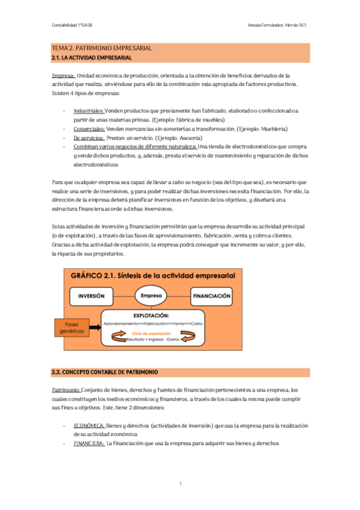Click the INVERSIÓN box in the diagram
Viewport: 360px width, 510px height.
tap(96, 296)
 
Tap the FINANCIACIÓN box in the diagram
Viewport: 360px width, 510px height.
tap(212, 296)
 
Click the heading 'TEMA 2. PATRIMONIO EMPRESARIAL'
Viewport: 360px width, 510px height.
tap(102, 48)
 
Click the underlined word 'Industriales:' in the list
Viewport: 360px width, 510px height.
tap(89, 111)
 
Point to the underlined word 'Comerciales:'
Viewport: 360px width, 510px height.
tap(89, 129)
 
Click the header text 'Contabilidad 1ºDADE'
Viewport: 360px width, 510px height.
tap(71, 25)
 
